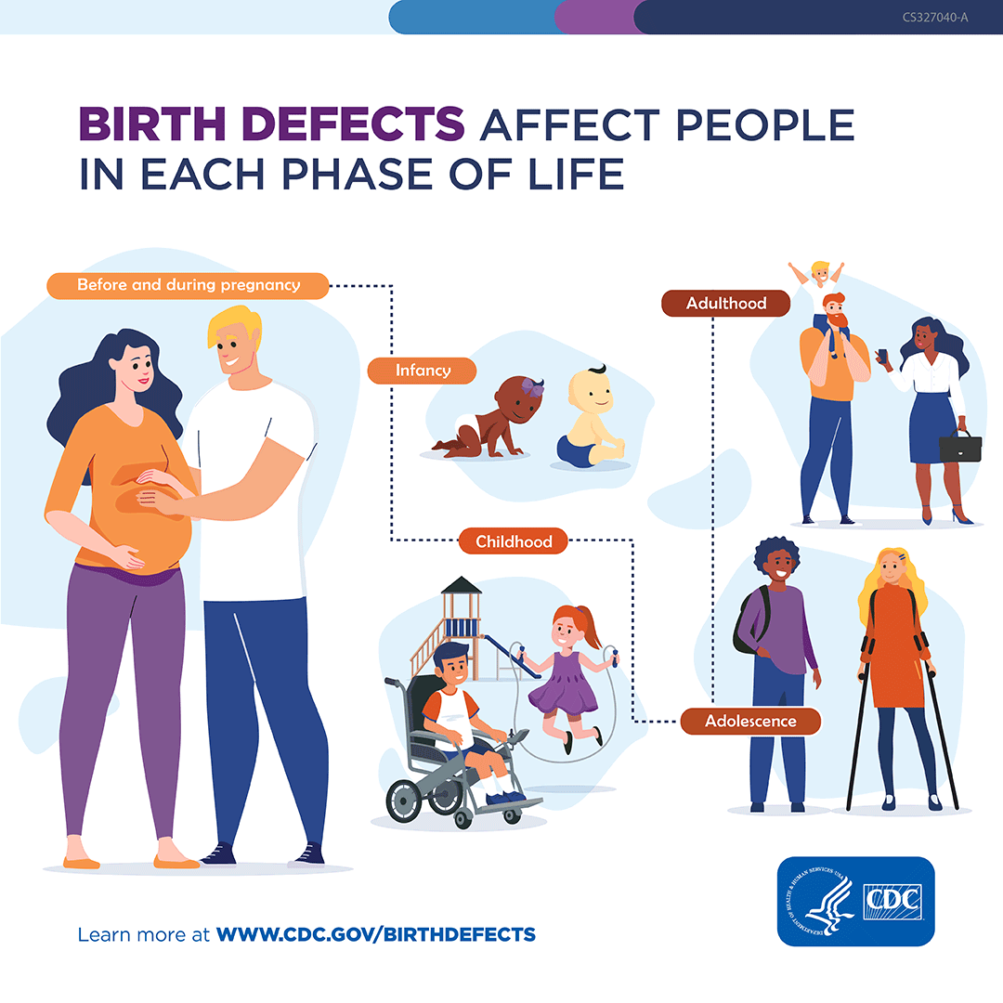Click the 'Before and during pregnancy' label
(x=189, y=285)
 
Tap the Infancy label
(x=423, y=371)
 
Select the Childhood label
(x=514, y=541)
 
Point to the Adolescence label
(x=750, y=721)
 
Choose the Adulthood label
(x=726, y=304)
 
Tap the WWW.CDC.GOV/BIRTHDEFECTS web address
(x=375, y=933)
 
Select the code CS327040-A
(x=934, y=17)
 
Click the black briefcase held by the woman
(x=959, y=447)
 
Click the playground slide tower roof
(x=462, y=586)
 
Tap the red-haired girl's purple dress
(x=561, y=683)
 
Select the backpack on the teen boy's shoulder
(x=746, y=621)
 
